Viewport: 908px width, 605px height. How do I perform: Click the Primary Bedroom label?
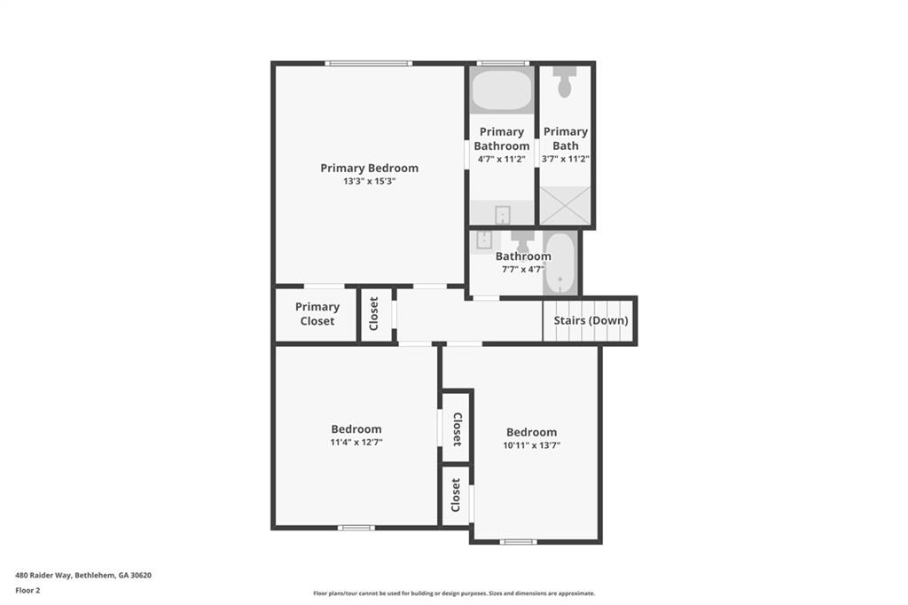point(369,168)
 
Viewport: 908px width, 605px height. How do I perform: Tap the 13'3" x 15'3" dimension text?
point(369,181)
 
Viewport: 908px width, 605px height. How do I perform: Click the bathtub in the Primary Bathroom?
point(501,90)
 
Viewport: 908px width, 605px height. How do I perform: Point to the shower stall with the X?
point(565,205)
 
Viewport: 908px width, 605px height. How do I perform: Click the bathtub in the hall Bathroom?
point(560,263)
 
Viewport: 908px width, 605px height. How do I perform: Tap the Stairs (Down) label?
point(591,320)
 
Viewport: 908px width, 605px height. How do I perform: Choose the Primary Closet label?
point(317,314)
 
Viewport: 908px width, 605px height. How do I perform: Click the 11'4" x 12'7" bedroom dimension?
point(356,442)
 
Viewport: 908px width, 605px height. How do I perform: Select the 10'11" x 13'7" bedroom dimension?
point(532,445)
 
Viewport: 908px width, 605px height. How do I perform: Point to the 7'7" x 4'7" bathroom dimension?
point(522,269)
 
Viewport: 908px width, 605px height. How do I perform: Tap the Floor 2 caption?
point(27,590)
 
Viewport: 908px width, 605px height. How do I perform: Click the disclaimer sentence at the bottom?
point(454,593)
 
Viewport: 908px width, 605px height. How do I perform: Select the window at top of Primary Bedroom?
point(368,63)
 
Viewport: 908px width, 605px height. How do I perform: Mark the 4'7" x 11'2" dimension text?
point(501,159)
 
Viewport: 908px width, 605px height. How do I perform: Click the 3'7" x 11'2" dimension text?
point(566,159)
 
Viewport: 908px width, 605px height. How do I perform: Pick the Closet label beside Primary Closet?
point(374,313)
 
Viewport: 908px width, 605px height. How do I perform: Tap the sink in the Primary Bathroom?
point(502,214)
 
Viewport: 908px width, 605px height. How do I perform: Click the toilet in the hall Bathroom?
point(522,240)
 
